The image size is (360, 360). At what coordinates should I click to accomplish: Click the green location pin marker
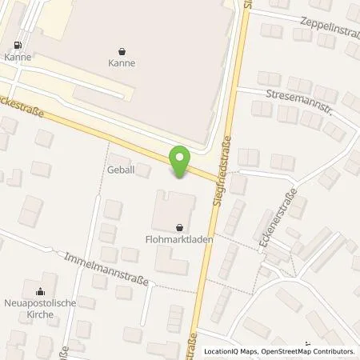click(x=179, y=163)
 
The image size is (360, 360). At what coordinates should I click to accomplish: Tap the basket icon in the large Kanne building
click(x=121, y=50)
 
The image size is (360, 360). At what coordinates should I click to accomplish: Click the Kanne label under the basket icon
click(x=121, y=62)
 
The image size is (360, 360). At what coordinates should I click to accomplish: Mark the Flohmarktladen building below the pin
click(x=172, y=208)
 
